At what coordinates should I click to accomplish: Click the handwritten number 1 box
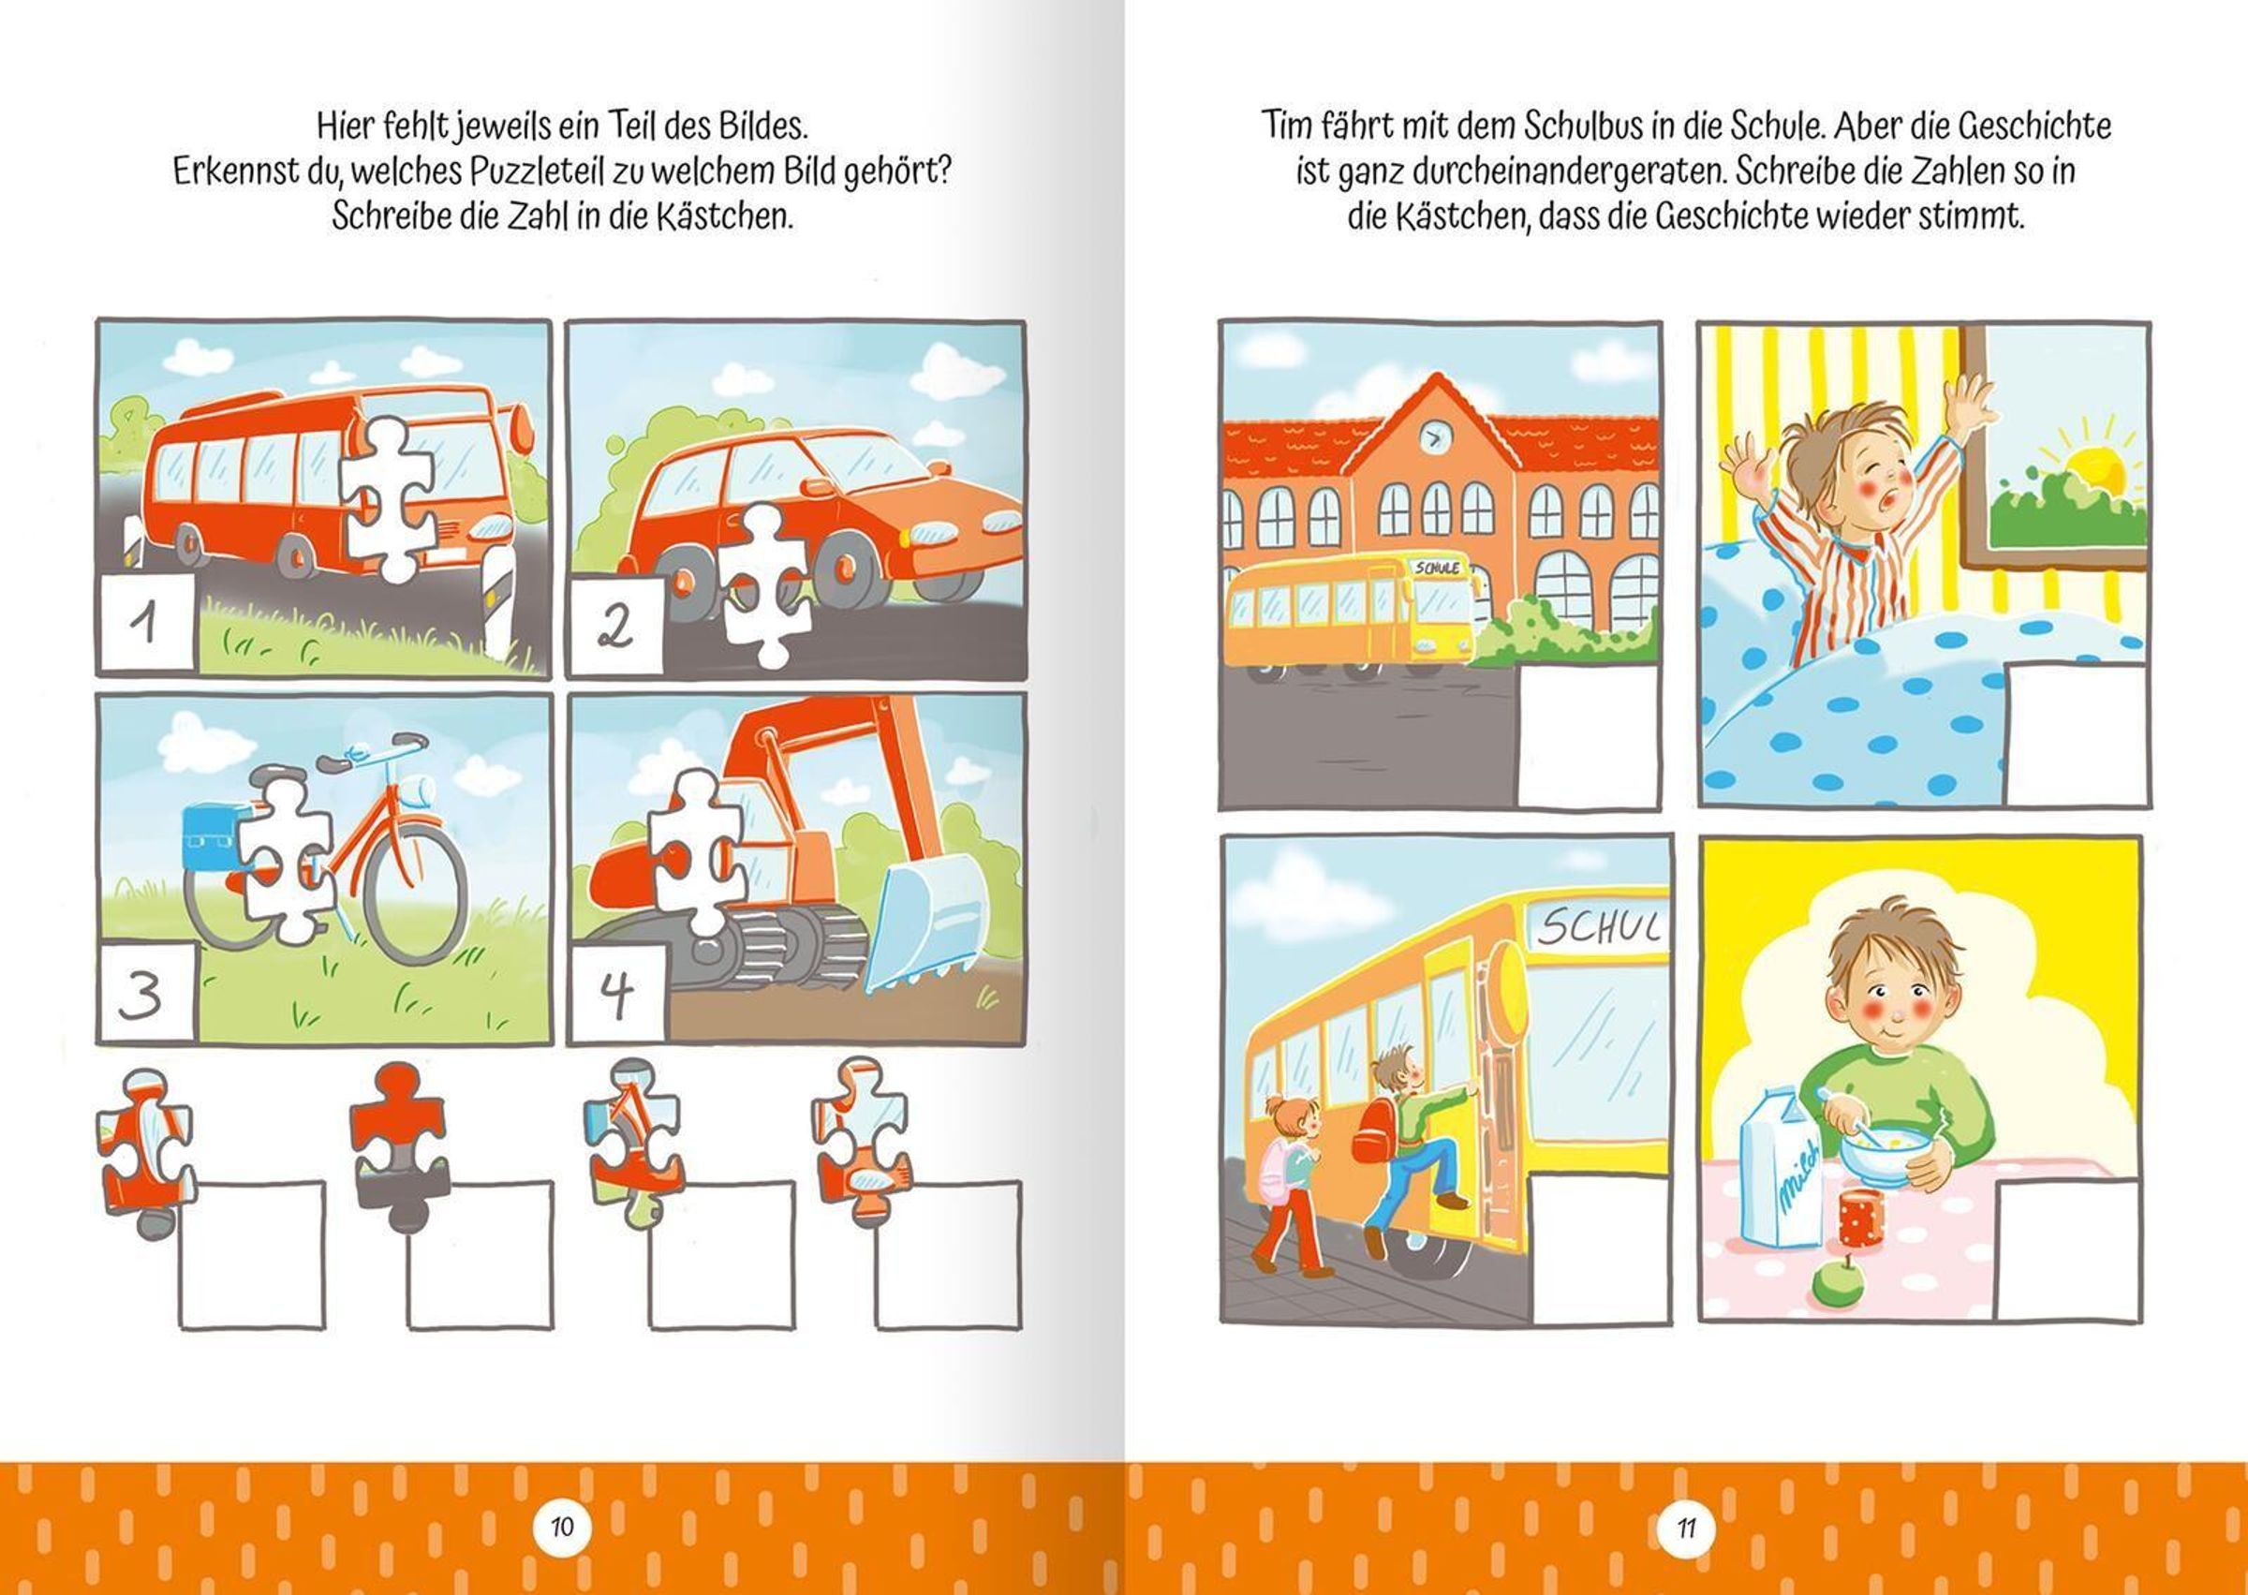point(147,625)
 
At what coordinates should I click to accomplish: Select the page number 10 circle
point(562,1528)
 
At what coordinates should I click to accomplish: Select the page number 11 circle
point(1686,1528)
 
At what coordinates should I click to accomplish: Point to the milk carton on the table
point(1781,1180)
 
